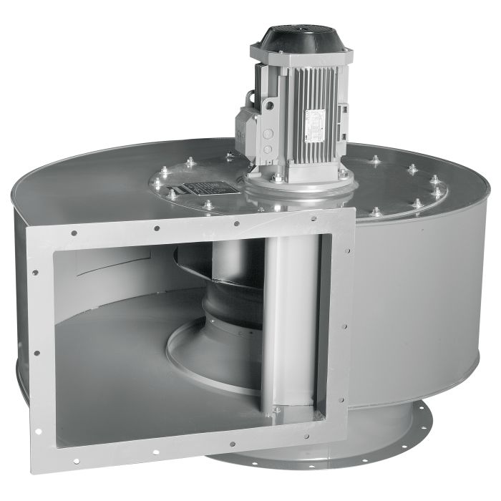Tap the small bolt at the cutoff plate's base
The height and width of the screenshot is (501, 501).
click(276, 410)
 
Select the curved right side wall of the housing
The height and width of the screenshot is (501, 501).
click(422, 301)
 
